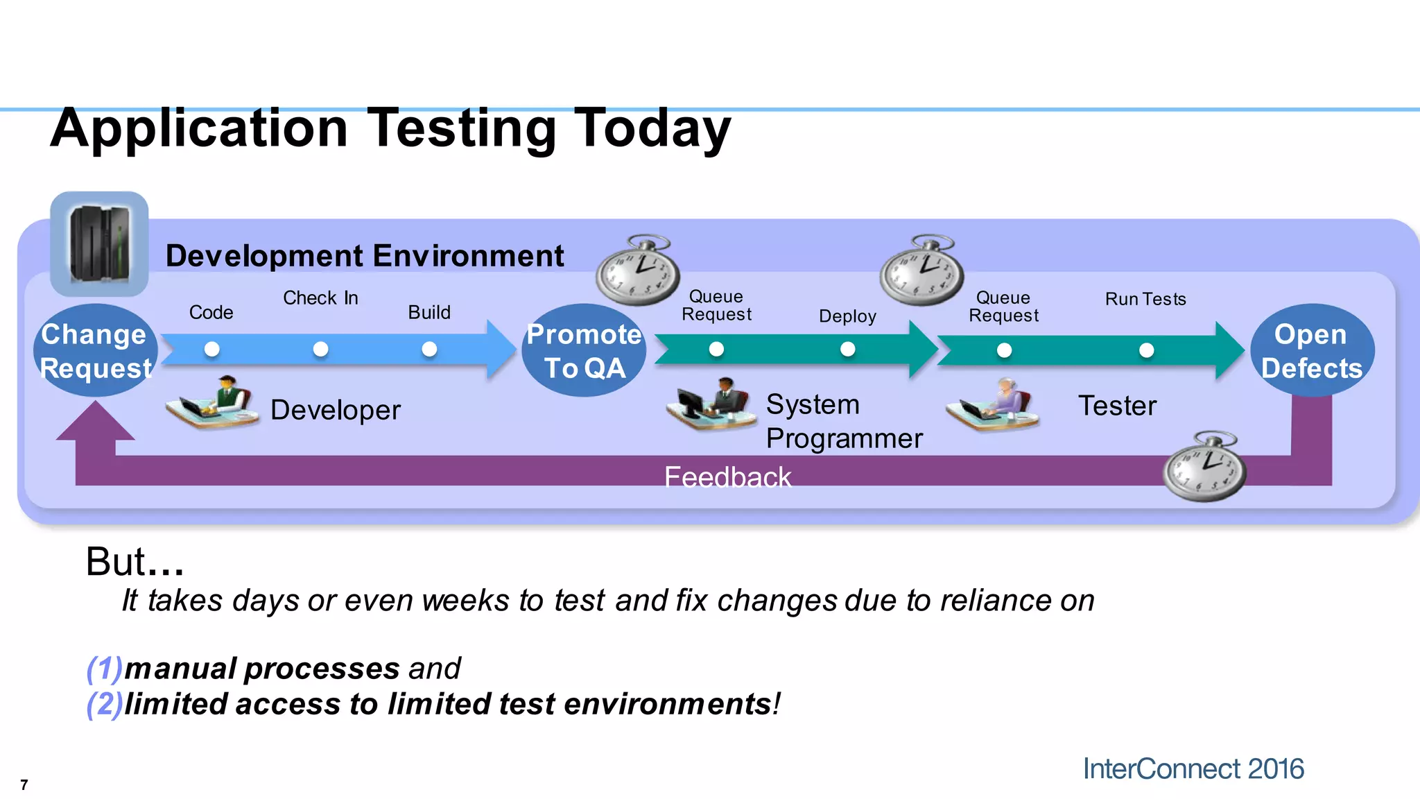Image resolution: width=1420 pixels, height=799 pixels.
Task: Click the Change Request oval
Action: click(x=96, y=350)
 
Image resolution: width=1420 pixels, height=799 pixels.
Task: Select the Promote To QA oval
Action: click(x=584, y=350)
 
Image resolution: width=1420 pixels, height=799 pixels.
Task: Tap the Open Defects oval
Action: click(x=1312, y=350)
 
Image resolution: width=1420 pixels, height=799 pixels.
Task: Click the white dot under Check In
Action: click(x=320, y=349)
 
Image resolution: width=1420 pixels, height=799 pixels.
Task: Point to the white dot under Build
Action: click(x=429, y=349)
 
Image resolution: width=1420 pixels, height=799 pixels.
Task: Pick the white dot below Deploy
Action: click(x=847, y=349)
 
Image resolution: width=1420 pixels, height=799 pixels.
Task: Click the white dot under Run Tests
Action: click(x=1147, y=350)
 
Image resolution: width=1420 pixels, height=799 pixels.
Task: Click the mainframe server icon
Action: click(x=100, y=244)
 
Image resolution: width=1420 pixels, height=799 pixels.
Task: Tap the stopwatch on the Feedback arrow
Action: click(x=1204, y=467)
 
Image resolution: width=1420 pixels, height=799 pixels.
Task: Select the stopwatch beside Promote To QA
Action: click(x=638, y=271)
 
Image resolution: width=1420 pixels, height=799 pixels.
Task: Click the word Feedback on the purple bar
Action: click(x=727, y=477)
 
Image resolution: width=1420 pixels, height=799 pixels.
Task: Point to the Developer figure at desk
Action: click(x=212, y=404)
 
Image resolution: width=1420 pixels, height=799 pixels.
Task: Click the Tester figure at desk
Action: click(x=994, y=405)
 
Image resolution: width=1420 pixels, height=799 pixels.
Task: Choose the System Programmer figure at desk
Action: click(x=711, y=404)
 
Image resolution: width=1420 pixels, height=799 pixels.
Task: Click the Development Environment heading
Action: click(x=365, y=256)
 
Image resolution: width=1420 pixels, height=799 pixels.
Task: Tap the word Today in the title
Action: click(x=652, y=128)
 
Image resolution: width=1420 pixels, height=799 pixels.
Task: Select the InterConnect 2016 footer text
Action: click(x=1193, y=769)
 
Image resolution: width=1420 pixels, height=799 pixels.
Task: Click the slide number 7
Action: click(x=24, y=785)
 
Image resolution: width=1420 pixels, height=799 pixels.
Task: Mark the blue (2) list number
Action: click(x=104, y=704)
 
